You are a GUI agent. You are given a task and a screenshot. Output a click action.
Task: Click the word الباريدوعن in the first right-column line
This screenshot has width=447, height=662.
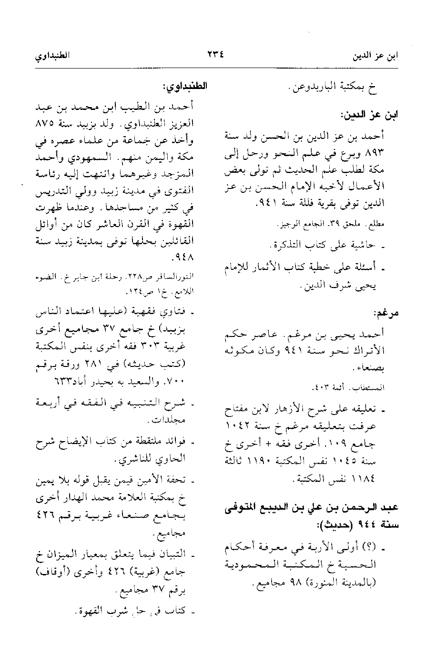point(316,88)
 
